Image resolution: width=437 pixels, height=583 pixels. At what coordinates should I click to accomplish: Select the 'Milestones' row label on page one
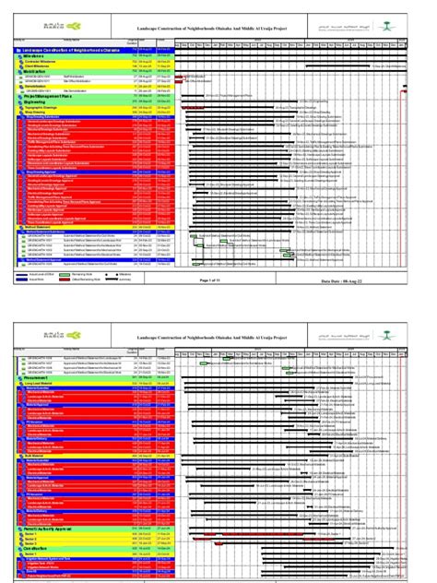(37, 57)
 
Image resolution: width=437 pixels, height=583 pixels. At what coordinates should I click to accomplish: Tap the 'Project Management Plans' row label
(46, 96)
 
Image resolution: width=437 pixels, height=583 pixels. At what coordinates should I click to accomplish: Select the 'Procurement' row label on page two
(37, 376)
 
